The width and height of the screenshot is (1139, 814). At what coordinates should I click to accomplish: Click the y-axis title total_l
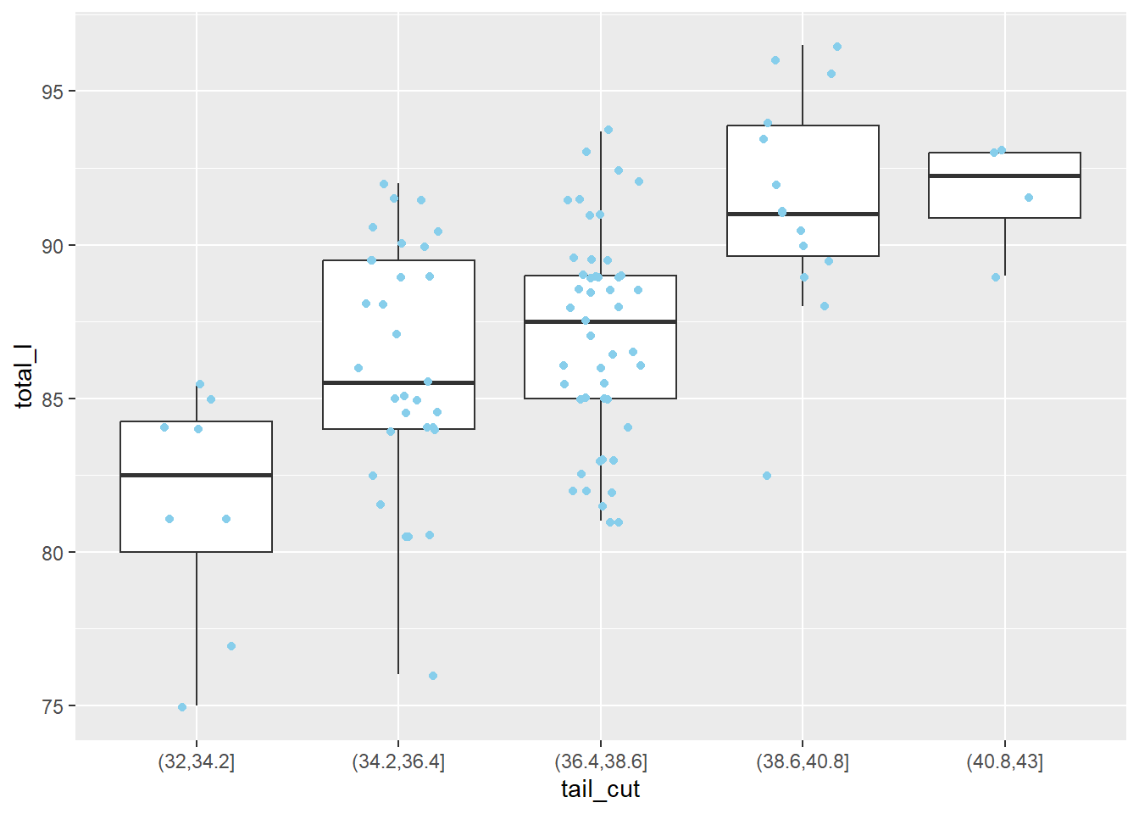[24, 376]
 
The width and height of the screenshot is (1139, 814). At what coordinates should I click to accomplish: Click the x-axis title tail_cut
[600, 789]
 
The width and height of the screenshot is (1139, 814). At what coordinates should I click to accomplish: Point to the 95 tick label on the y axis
[53, 92]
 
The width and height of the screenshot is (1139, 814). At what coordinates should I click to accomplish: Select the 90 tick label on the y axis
[53, 246]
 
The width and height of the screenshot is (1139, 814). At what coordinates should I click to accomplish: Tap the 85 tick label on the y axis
[53, 399]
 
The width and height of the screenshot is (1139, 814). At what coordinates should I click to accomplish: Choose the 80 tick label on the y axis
[53, 553]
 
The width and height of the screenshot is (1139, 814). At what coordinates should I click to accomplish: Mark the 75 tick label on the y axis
[53, 706]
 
